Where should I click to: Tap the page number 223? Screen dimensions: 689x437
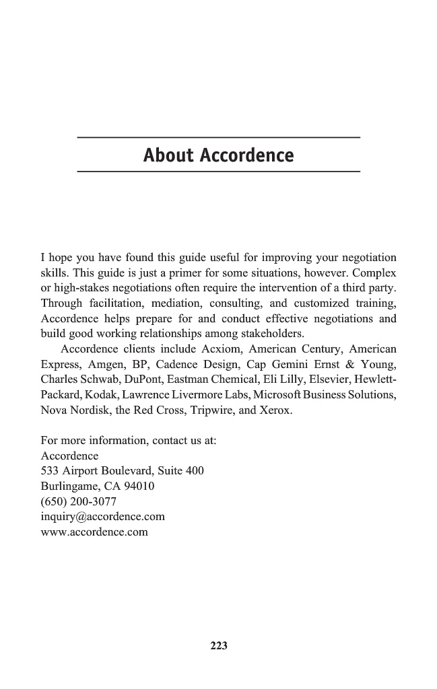(x=219, y=646)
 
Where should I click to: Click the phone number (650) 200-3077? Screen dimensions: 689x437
(x=79, y=502)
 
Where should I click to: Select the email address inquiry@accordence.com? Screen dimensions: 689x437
(x=103, y=517)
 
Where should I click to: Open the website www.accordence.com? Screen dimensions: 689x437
(x=94, y=532)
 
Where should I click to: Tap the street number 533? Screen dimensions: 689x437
(x=50, y=471)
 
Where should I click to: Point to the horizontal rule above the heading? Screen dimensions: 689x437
(x=219, y=138)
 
